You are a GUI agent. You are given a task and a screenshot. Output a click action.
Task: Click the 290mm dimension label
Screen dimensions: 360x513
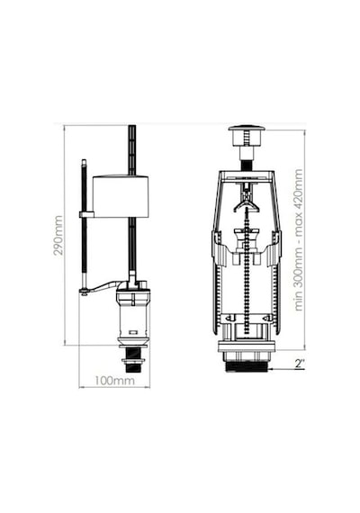pyautogui.click(x=58, y=235)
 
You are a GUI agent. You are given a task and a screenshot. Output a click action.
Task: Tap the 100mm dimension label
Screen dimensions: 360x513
pyautogui.click(x=114, y=381)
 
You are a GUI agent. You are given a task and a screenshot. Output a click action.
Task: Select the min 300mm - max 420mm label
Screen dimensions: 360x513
pyautogui.click(x=299, y=239)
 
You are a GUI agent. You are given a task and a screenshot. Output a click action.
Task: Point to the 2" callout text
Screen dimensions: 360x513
pyautogui.click(x=300, y=364)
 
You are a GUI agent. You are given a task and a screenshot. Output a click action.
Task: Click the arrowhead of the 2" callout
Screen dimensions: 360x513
pyautogui.click(x=271, y=369)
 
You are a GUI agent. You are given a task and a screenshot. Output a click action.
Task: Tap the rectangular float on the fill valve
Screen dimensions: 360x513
pyautogui.click(x=121, y=196)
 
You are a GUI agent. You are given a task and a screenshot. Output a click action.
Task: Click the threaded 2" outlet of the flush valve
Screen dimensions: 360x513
pyautogui.click(x=247, y=366)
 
